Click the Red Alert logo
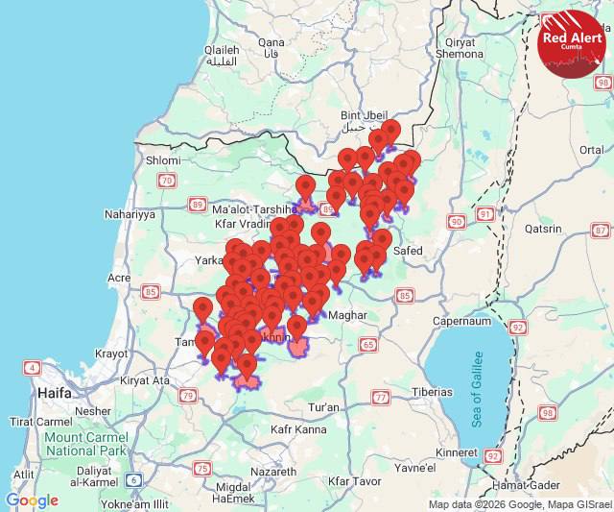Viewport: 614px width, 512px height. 572,43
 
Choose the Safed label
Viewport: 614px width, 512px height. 408,251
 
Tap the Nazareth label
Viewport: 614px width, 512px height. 273,472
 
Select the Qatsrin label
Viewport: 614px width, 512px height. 543,230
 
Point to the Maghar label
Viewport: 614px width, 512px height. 348,315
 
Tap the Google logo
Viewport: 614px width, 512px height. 32,500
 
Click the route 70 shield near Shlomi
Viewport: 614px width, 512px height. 168,181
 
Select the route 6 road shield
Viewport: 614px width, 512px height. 135,479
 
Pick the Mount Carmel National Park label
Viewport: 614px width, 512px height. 85,444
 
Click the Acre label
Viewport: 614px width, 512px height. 119,278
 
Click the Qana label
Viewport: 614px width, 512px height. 272,42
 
